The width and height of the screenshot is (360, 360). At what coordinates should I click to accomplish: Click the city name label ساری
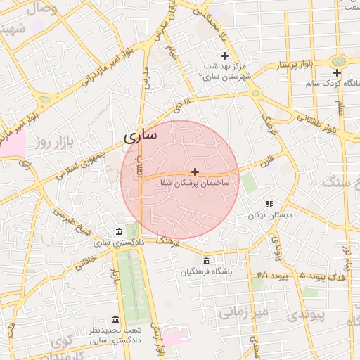point(141,135)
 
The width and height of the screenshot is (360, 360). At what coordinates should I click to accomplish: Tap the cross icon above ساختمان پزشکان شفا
point(195,172)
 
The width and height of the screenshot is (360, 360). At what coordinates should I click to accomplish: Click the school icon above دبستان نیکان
point(269,204)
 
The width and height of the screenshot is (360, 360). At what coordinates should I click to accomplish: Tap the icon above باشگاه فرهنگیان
point(206,261)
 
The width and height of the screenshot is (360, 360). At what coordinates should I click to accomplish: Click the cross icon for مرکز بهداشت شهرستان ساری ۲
point(224,56)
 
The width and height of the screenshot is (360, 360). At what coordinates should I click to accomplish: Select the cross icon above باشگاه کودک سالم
point(337,72)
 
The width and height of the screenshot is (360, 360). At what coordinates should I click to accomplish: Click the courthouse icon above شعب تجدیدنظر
point(117,319)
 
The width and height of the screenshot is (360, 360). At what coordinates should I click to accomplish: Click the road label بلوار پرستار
point(290,65)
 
